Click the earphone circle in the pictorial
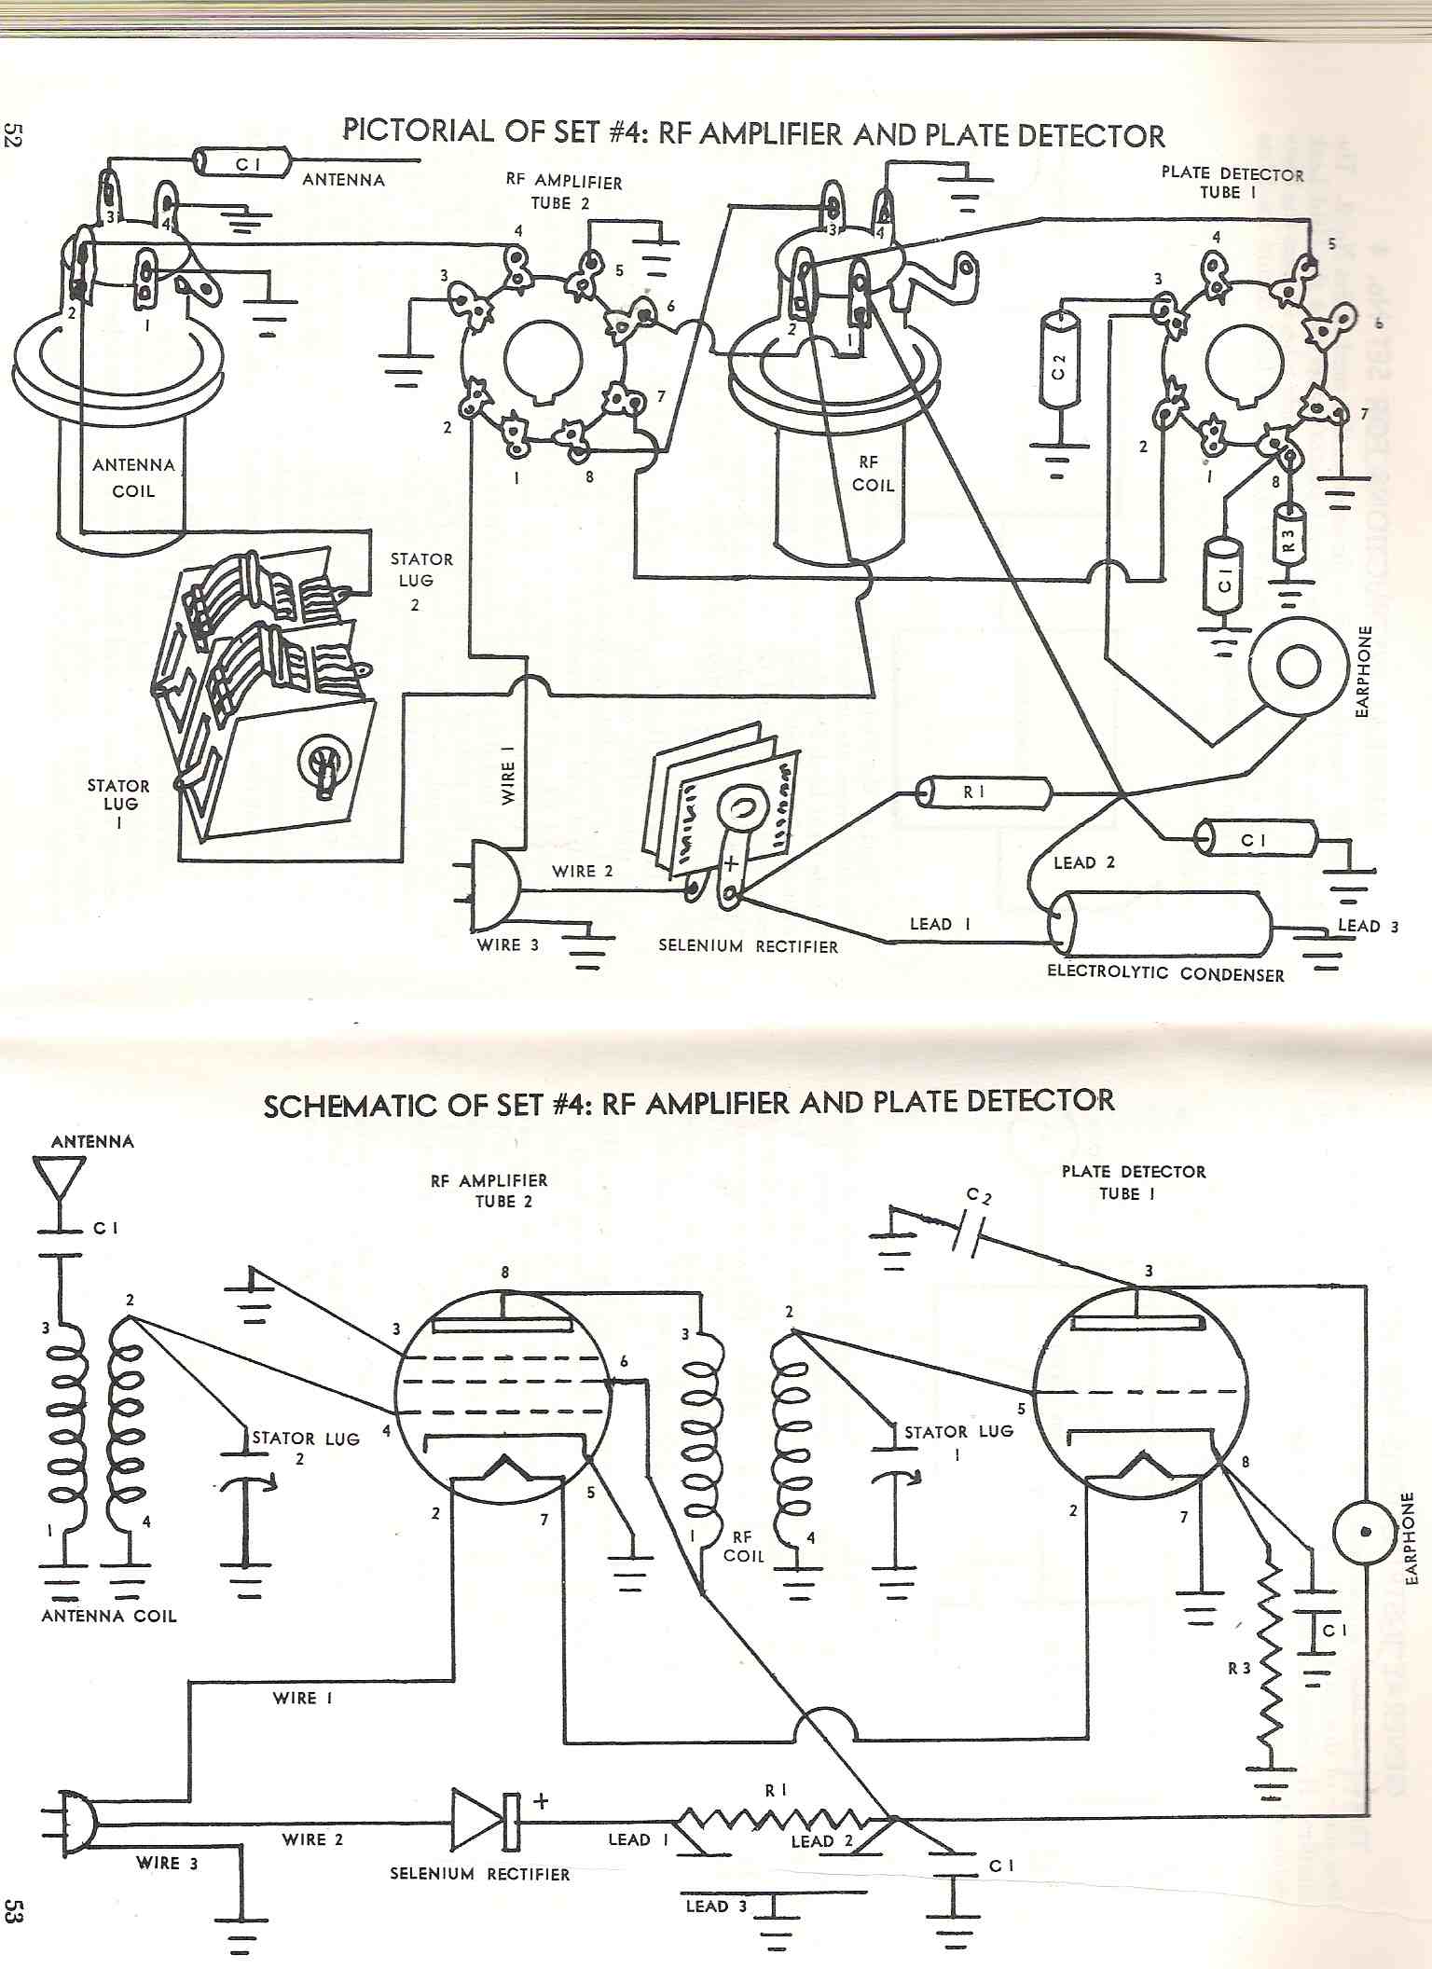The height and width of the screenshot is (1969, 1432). pos(1298,667)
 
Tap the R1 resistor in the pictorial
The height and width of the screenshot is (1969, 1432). pos(984,793)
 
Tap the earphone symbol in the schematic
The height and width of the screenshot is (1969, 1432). pos(1365,1532)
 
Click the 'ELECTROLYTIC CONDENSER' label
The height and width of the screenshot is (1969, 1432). pos(1165,974)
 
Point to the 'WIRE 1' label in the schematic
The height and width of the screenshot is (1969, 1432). pos(302,1699)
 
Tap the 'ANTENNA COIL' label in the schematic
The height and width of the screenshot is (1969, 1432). pos(109,1616)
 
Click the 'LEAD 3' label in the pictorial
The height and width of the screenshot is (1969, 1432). pos(1368,926)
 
